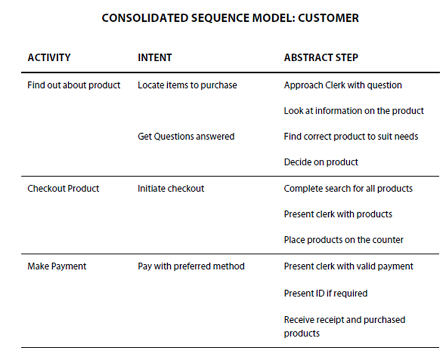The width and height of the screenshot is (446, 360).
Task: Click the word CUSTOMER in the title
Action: (328, 18)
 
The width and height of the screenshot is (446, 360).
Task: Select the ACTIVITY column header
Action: (49, 58)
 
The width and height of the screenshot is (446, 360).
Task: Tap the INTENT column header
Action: (155, 58)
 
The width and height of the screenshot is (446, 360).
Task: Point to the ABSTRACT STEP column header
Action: (321, 58)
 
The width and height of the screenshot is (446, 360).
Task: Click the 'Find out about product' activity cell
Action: (74, 85)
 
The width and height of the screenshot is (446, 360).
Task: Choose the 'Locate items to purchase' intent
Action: (187, 85)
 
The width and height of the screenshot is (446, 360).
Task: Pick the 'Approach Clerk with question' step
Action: (343, 85)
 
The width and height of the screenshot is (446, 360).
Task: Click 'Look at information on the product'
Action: (354, 111)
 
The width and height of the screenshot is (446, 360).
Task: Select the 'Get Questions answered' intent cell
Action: (186, 137)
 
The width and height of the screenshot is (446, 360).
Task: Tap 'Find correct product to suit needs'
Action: (351, 137)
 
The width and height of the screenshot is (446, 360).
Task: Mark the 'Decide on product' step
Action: (321, 162)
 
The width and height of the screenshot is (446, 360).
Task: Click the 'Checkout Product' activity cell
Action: (63, 189)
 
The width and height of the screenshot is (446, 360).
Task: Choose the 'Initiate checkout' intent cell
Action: (171, 189)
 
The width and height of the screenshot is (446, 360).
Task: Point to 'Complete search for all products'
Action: (348, 189)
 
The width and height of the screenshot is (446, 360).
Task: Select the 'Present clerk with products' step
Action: (338, 214)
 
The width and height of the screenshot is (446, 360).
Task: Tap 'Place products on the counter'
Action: (344, 240)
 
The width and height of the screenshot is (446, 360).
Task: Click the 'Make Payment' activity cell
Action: (56, 267)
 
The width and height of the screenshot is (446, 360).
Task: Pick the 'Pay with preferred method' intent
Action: (191, 267)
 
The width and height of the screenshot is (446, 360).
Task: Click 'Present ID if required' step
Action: (326, 293)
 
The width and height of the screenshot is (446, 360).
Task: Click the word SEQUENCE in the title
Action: (220, 18)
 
